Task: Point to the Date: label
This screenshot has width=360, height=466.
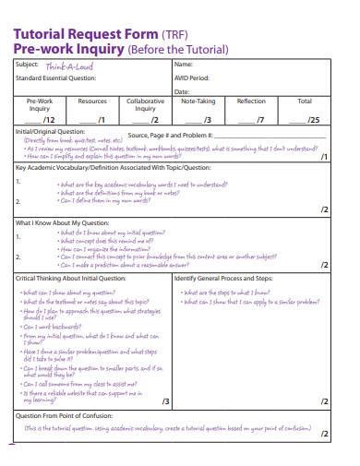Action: click(x=182, y=92)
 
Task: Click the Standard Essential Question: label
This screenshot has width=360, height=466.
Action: click(x=54, y=78)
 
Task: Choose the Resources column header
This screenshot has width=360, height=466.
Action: click(x=92, y=102)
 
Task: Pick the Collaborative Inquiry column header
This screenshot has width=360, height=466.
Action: click(x=146, y=105)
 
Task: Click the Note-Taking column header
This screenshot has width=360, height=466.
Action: click(x=199, y=102)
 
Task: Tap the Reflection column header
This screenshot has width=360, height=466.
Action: click(x=251, y=102)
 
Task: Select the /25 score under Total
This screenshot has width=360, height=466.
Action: click(x=313, y=120)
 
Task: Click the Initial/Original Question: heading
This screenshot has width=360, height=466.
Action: click(x=50, y=132)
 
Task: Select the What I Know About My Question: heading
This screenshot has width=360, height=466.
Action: click(x=57, y=222)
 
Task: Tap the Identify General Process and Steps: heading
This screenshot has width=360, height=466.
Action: click(x=223, y=278)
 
